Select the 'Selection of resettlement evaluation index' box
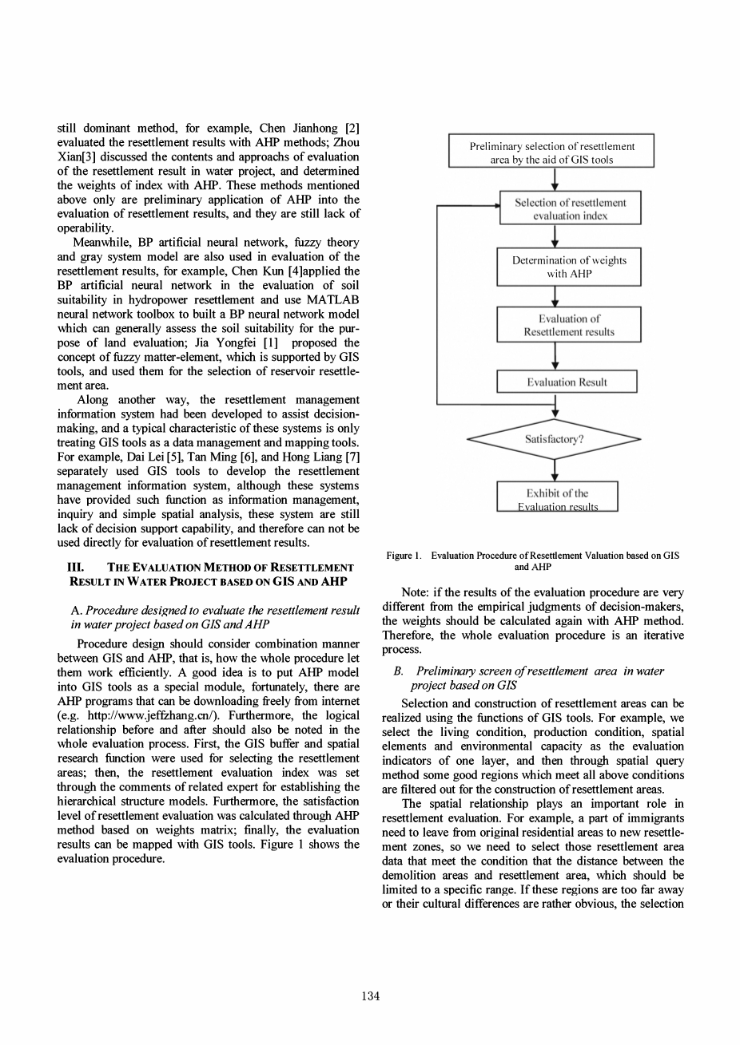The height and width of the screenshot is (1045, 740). [x=570, y=208]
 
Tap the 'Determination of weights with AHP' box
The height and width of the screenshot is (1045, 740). [x=568, y=267]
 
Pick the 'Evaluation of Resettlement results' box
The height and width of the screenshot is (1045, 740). [x=568, y=325]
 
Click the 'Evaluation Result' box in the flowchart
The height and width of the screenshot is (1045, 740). [x=567, y=382]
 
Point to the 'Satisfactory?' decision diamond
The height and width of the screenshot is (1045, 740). [x=554, y=439]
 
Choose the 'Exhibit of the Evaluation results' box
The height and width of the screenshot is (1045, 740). [x=557, y=497]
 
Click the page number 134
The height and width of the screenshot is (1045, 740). [x=369, y=996]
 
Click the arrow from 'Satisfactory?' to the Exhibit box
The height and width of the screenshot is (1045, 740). [x=555, y=470]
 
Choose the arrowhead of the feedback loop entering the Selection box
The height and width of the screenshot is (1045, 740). [x=494, y=205]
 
